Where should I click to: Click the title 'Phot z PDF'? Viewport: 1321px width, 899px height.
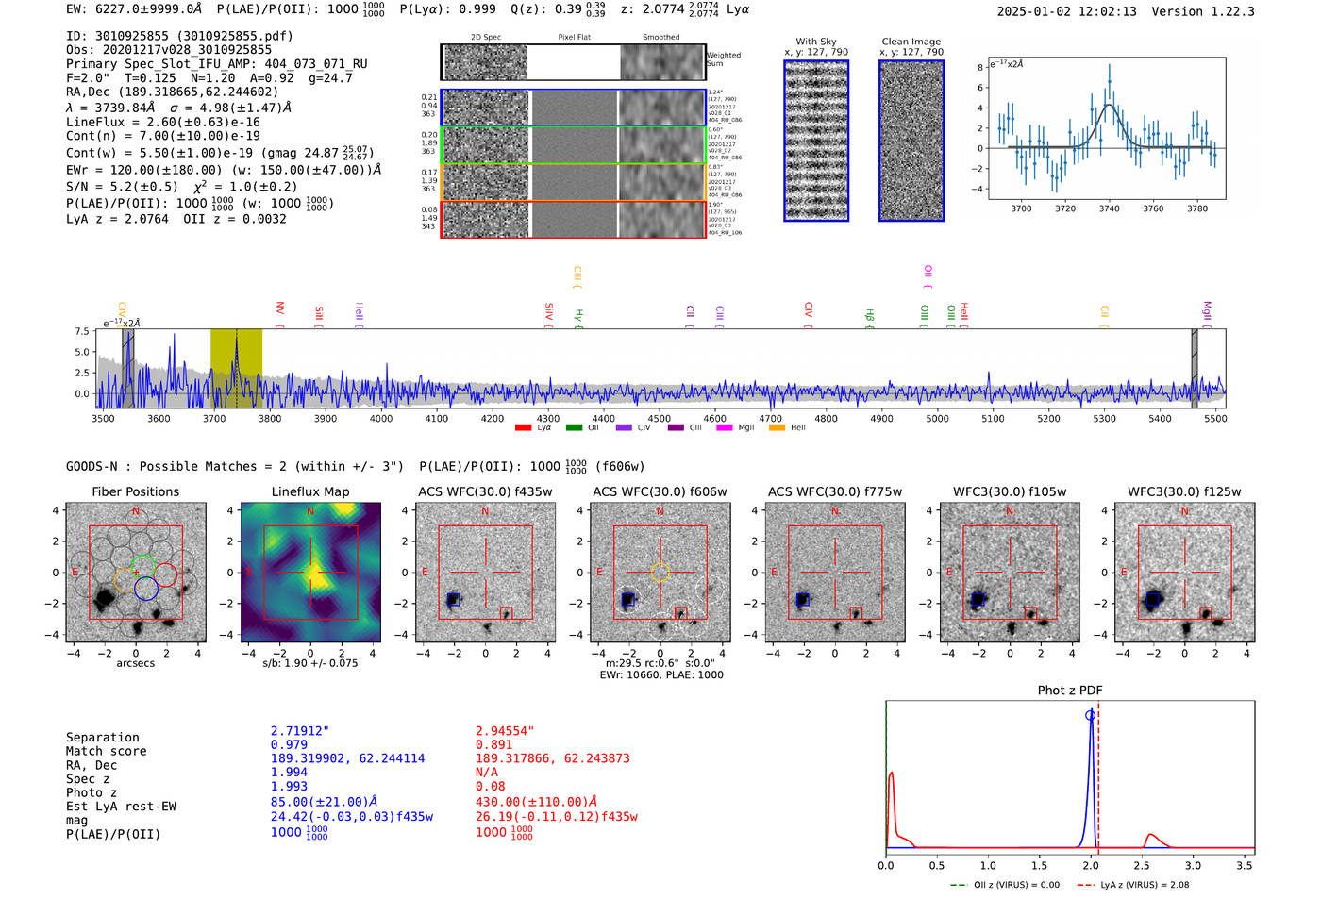point(1069,691)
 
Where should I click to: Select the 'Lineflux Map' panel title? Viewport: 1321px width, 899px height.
point(309,491)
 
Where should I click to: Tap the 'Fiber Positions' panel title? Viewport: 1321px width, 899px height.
point(135,491)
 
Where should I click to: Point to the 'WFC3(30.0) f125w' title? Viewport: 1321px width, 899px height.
point(1184,491)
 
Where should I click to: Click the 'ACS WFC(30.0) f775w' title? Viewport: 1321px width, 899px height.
point(834,491)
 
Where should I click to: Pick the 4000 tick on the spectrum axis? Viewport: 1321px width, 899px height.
point(381,419)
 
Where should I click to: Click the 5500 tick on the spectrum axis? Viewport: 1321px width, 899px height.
point(1215,419)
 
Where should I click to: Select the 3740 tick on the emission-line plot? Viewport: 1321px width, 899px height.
point(1109,208)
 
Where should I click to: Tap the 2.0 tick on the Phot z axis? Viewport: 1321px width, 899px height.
point(1091,865)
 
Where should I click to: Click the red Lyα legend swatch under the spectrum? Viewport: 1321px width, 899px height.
point(523,427)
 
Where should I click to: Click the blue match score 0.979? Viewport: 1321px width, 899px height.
point(289,744)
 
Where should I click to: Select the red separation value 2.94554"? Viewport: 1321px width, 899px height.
point(505,731)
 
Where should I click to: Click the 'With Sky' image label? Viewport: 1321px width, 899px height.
point(815,42)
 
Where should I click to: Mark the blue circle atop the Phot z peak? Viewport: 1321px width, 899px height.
point(1091,715)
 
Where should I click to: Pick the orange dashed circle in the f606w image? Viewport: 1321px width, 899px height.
point(660,572)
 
